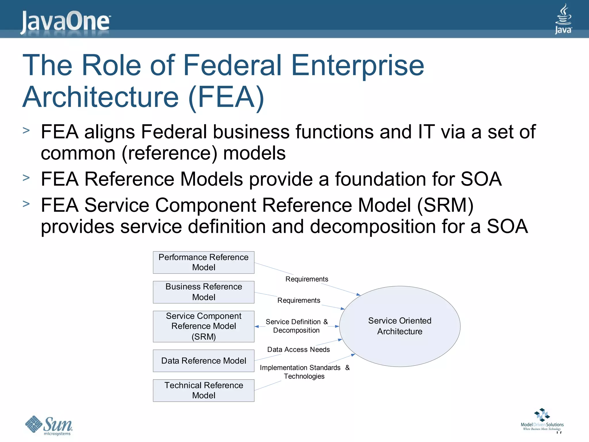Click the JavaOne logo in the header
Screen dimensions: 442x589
click(x=66, y=21)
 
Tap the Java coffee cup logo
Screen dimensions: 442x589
click(x=563, y=19)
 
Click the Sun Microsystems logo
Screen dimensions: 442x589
click(x=49, y=425)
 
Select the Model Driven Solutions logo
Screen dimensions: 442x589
click(x=542, y=420)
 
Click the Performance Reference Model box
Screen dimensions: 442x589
click(x=204, y=262)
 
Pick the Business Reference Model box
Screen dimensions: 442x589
click(x=204, y=292)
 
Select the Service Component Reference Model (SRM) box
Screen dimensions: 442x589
click(x=204, y=326)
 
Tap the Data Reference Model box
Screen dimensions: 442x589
click(x=204, y=361)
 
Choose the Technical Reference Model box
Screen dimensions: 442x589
click(x=204, y=390)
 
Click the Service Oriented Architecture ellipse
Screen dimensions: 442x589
click(x=400, y=326)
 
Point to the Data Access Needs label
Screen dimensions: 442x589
click(x=299, y=350)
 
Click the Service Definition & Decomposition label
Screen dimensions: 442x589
click(x=297, y=326)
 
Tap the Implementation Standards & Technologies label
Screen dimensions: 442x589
click(x=304, y=372)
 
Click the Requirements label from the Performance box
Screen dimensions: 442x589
click(x=307, y=279)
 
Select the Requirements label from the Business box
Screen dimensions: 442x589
click(x=299, y=300)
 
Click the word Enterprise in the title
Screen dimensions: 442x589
click(x=357, y=66)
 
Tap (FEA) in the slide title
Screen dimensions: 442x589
click(x=226, y=97)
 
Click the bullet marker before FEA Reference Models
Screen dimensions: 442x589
click(x=26, y=178)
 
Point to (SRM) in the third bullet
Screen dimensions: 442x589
click(x=445, y=205)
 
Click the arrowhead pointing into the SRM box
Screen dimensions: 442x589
click(x=257, y=327)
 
